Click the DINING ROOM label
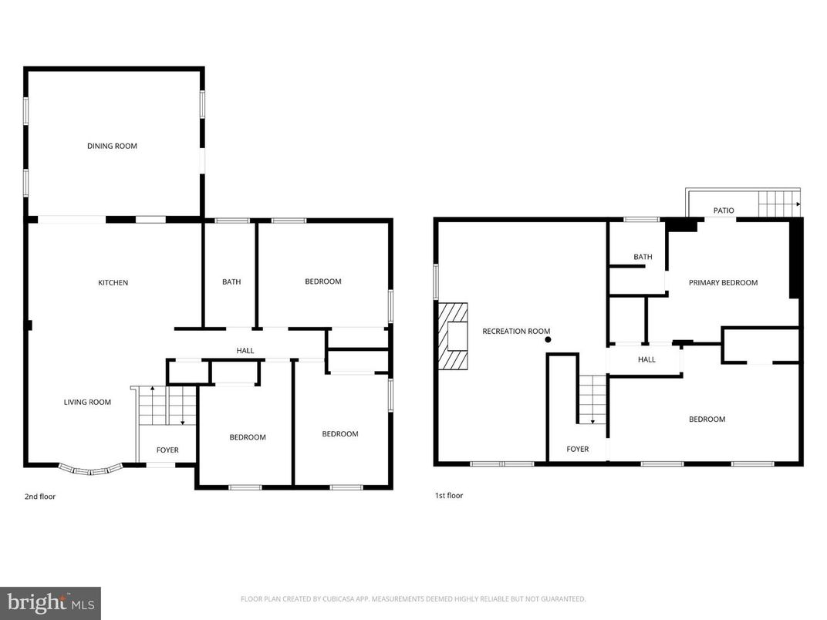pos(112,146)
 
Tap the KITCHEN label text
pos(113,283)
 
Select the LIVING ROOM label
pos(87,402)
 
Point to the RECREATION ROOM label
pos(516,332)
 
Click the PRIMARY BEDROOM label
pos(723,283)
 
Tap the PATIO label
pos(724,211)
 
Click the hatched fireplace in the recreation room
pos(453,337)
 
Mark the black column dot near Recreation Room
pos(548,339)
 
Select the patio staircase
pos(778,204)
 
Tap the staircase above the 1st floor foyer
pos(592,399)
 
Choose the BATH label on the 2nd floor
pos(231,282)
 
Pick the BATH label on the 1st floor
pos(643,258)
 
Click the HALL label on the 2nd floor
pos(245,351)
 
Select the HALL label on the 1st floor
pos(646,359)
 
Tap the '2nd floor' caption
pos(40,497)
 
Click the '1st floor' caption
pos(448,496)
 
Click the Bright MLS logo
pos(50,603)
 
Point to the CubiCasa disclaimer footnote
pos(413,598)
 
